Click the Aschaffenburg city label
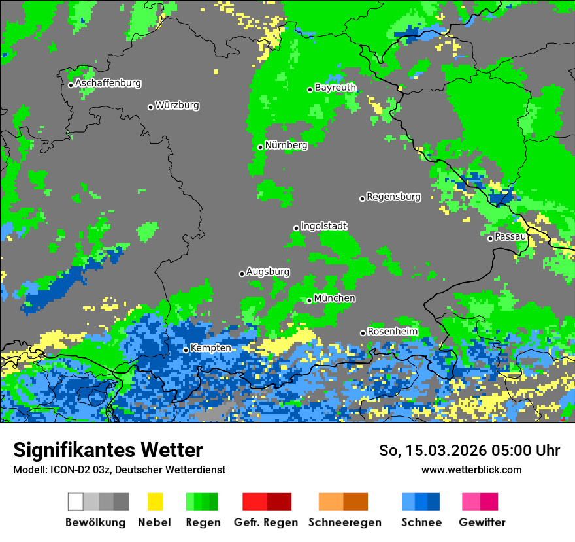coord(108,84)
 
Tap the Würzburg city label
coord(177,105)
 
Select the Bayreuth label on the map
coord(335,88)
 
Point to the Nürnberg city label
coord(286,146)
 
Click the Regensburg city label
coord(393,197)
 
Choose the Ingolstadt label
coord(324,226)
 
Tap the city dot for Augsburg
coord(242,274)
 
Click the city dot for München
coord(310,300)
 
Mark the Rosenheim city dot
coord(363,333)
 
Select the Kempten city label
coord(210,348)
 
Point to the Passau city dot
coord(490,238)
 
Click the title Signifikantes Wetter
coord(108,450)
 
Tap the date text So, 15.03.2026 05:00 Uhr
coord(469,451)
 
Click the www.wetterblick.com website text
coord(471,470)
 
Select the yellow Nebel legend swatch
coord(155,502)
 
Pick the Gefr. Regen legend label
coord(266,522)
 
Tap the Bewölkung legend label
coord(95,522)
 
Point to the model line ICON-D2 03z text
coord(119,470)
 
